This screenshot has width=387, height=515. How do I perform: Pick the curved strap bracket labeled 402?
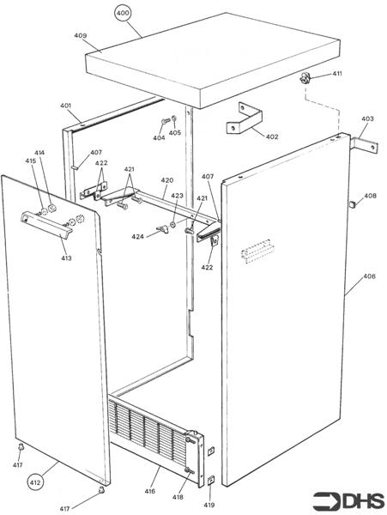[x=243, y=119]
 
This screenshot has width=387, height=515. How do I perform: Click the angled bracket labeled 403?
[x=363, y=141]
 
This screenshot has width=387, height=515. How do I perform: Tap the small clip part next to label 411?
[x=305, y=79]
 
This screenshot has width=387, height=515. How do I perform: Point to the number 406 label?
[x=368, y=276]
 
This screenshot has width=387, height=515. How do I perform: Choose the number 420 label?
[x=166, y=181]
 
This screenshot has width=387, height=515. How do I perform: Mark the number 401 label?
[x=66, y=106]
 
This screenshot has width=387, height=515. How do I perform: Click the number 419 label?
[x=209, y=506]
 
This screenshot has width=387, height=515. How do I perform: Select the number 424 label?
[x=137, y=236]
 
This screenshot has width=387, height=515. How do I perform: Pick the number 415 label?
[x=30, y=161]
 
